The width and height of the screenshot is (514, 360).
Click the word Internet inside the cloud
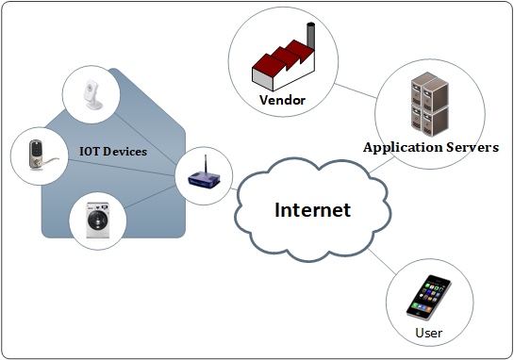click(x=312, y=209)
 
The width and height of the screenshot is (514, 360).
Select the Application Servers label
click(x=431, y=148)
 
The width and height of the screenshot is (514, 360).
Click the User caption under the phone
click(x=428, y=333)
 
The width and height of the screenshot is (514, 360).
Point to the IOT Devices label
click(x=114, y=150)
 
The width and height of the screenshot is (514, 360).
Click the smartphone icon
click(x=427, y=297)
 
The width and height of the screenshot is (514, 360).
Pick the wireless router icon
click(x=202, y=177)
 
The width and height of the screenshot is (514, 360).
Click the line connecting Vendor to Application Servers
click(x=352, y=91)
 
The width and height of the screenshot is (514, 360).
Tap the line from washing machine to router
click(x=151, y=199)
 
